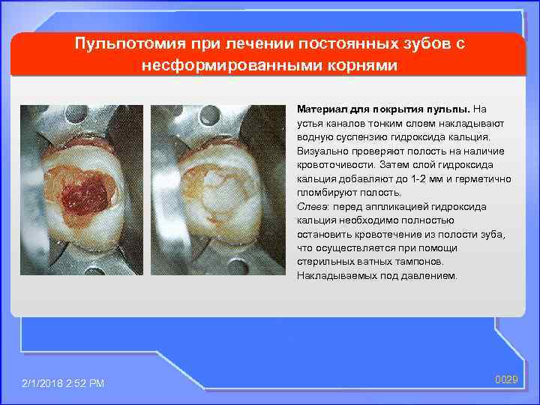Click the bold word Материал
(x=320, y=109)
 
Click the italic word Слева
(x=313, y=206)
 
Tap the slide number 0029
(x=507, y=380)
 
